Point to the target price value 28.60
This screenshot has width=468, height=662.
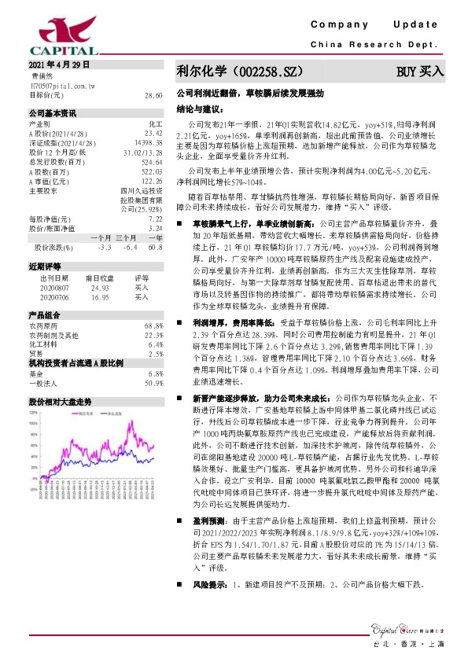(153, 94)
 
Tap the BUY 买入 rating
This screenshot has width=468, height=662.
(420, 72)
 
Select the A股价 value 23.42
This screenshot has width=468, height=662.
(153, 133)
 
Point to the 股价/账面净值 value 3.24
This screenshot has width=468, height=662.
(155, 228)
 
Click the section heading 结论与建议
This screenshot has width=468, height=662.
(198, 109)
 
